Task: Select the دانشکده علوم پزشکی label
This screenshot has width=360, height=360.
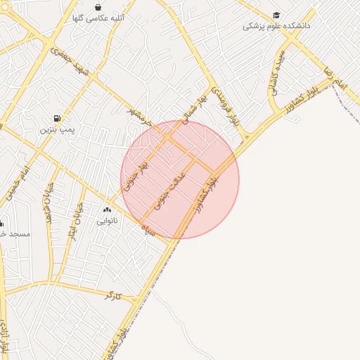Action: pyautogui.click(x=277, y=26)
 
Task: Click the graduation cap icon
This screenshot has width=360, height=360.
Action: pyautogui.click(x=277, y=15)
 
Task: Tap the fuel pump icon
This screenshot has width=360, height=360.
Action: pyautogui.click(x=56, y=118)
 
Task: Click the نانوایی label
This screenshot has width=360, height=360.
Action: pyautogui.click(x=107, y=221)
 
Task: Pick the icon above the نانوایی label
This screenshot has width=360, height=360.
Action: pyautogui.click(x=107, y=210)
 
